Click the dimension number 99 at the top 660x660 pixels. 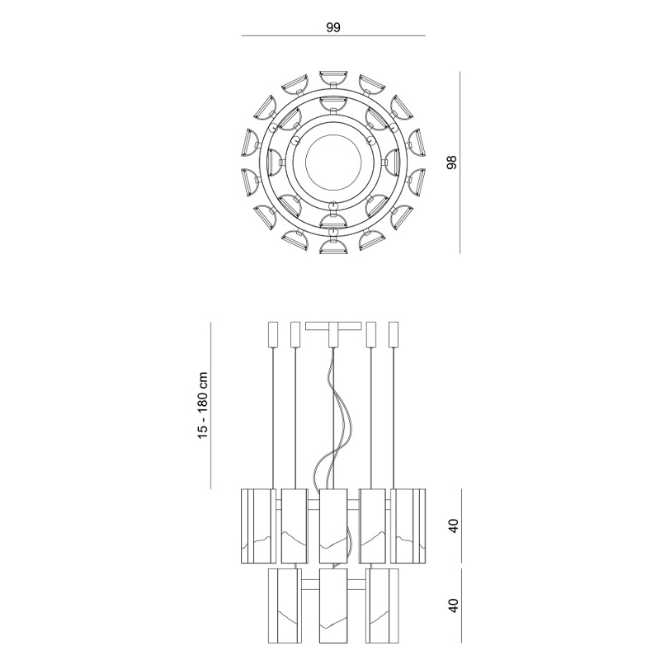pyautogui.click(x=333, y=27)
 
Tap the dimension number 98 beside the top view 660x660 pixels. pyautogui.click(x=451, y=163)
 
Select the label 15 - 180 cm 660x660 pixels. pyautogui.click(x=203, y=405)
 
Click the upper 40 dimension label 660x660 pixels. pyautogui.click(x=453, y=526)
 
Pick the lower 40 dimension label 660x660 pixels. pyautogui.click(x=453, y=606)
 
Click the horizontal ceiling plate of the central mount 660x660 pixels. pyautogui.click(x=333, y=326)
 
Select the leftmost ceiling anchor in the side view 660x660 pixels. pyautogui.click(x=273, y=335)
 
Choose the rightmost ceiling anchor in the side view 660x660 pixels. pyautogui.click(x=394, y=335)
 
